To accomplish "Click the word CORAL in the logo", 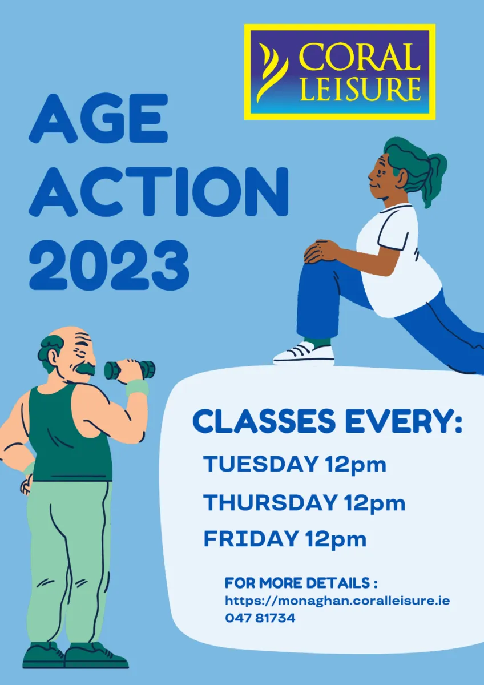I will tap(360, 57).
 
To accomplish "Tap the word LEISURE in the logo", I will tap(360, 90).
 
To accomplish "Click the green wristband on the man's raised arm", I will tap(137, 388).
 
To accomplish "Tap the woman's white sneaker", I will tap(304, 353).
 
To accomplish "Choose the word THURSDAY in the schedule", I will tap(271, 503).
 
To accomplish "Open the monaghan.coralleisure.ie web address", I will tap(337, 601).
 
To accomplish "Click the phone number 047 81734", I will tap(260, 618).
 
